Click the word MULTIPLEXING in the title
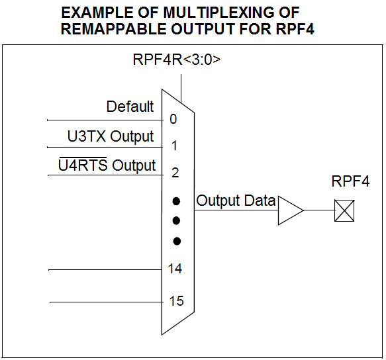point(218,12)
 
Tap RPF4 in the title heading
point(295,29)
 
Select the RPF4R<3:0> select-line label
point(177,60)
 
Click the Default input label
point(130,107)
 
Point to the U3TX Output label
point(111,136)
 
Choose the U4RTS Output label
point(107,164)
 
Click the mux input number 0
point(173,119)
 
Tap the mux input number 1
point(174,146)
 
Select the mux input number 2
point(175,173)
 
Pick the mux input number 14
point(175,269)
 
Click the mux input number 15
point(176,301)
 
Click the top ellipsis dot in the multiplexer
point(176,201)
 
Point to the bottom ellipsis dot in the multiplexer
point(177,241)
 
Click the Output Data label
point(236,201)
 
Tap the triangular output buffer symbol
point(291,210)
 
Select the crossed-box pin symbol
point(344,210)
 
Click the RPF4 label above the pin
point(350,181)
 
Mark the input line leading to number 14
point(105,270)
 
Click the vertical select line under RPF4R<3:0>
point(181,89)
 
